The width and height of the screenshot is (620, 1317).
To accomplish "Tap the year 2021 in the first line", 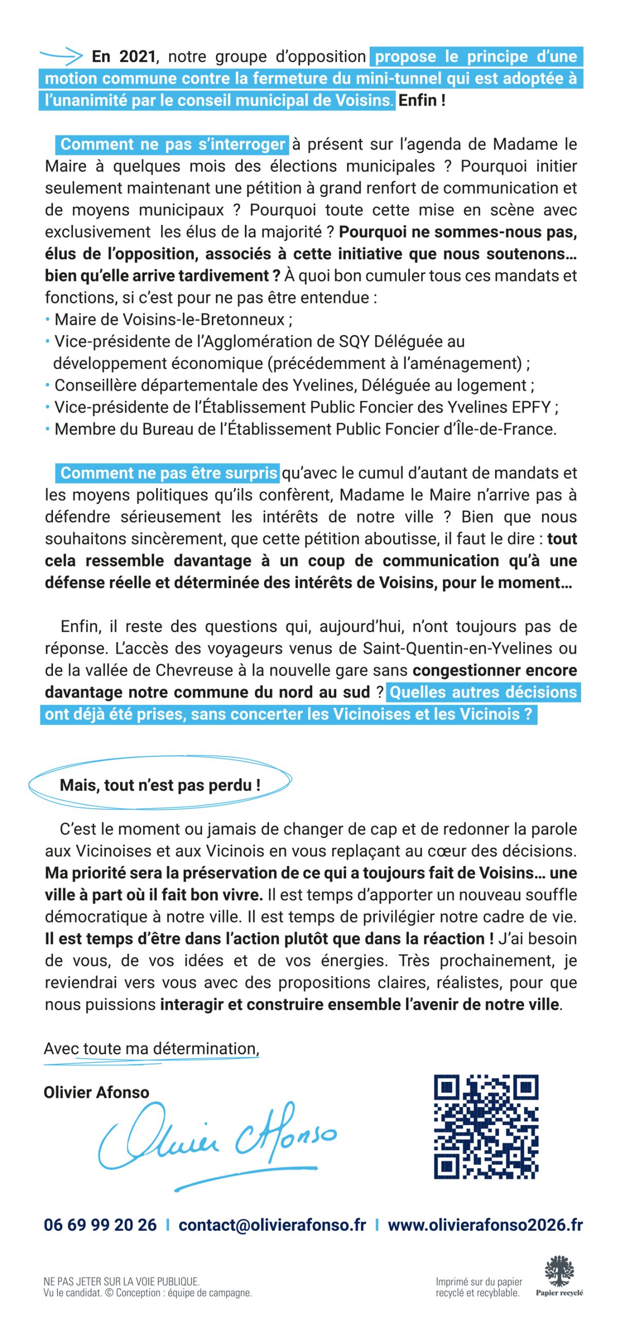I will [137, 57].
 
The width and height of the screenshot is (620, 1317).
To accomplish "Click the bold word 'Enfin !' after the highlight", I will [422, 100].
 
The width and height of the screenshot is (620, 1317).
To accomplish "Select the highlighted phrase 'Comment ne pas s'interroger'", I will [172, 145].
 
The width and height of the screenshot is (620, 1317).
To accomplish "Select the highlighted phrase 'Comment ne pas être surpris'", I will [169, 473].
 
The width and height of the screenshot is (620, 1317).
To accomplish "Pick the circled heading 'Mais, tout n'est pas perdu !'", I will [160, 786].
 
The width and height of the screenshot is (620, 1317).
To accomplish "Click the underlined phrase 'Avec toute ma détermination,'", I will [151, 1049].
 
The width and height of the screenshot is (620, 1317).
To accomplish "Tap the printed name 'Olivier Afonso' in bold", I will [96, 1093].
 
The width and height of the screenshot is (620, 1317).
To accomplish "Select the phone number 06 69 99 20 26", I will [100, 1225].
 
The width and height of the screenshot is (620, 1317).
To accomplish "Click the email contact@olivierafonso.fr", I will [272, 1225].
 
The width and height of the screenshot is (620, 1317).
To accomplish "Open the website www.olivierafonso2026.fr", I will [485, 1225].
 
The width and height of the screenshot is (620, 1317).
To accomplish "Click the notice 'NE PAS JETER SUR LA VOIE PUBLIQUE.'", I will [121, 1282].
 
